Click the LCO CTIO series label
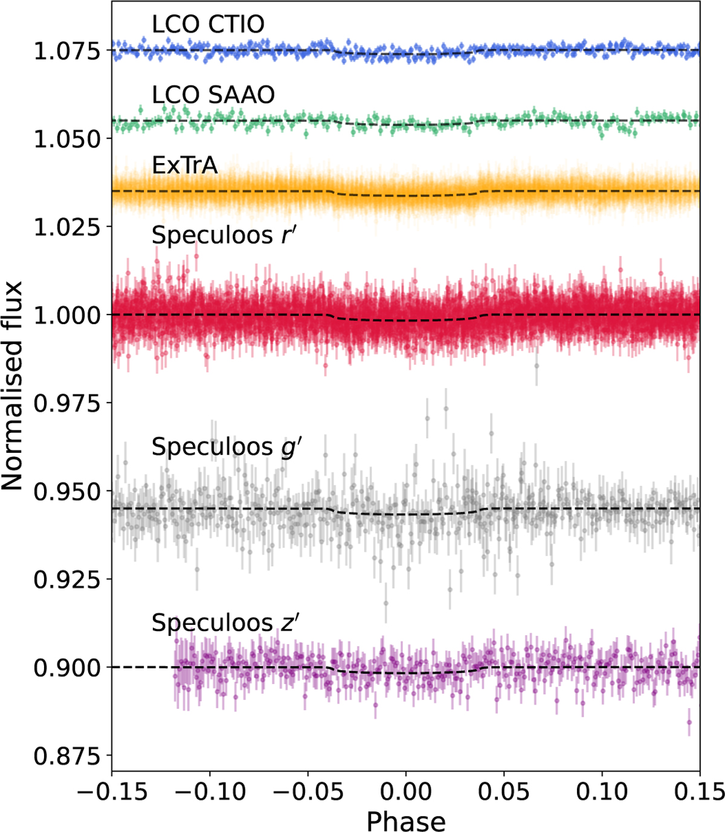tap(208, 24)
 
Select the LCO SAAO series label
tap(213, 95)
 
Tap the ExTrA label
tap(185, 165)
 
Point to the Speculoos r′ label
tap(222, 235)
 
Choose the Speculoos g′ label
tap(226, 448)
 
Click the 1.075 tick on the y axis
tap(66, 52)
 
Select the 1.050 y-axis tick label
tap(66, 139)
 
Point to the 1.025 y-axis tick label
tap(66, 228)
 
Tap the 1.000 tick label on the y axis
tap(66, 316)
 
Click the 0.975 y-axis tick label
tap(66, 404)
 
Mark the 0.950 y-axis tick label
tap(66, 492)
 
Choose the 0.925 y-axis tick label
tap(66, 580)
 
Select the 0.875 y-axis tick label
tap(66, 757)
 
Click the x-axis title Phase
tap(406, 821)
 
